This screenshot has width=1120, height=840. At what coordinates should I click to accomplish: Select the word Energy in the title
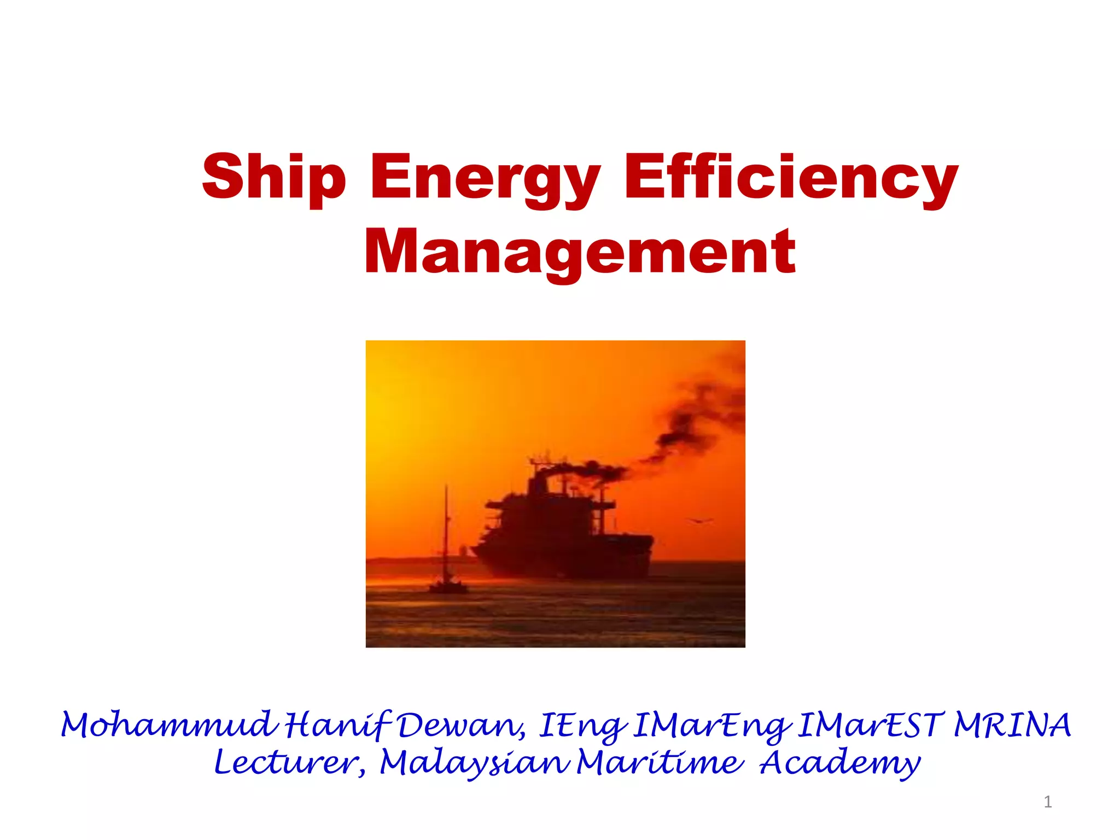tap(486, 178)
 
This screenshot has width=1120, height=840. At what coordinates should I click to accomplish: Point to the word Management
tap(580, 253)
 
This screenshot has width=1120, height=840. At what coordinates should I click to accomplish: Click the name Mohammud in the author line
tap(167, 726)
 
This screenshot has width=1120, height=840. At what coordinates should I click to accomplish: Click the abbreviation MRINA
tap(1012, 726)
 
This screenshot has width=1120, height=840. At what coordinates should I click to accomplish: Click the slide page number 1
tap(1047, 802)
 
